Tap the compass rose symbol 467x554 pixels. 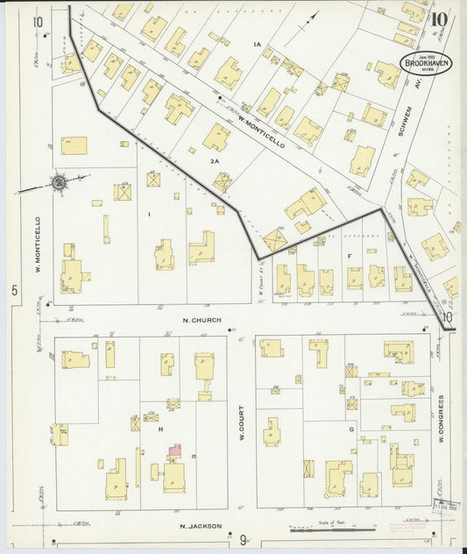[x=59, y=183]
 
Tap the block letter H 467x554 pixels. [x=161, y=429]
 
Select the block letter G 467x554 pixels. [x=350, y=430]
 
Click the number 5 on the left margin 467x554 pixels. [x=15, y=288]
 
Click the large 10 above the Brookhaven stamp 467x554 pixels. [x=441, y=17]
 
